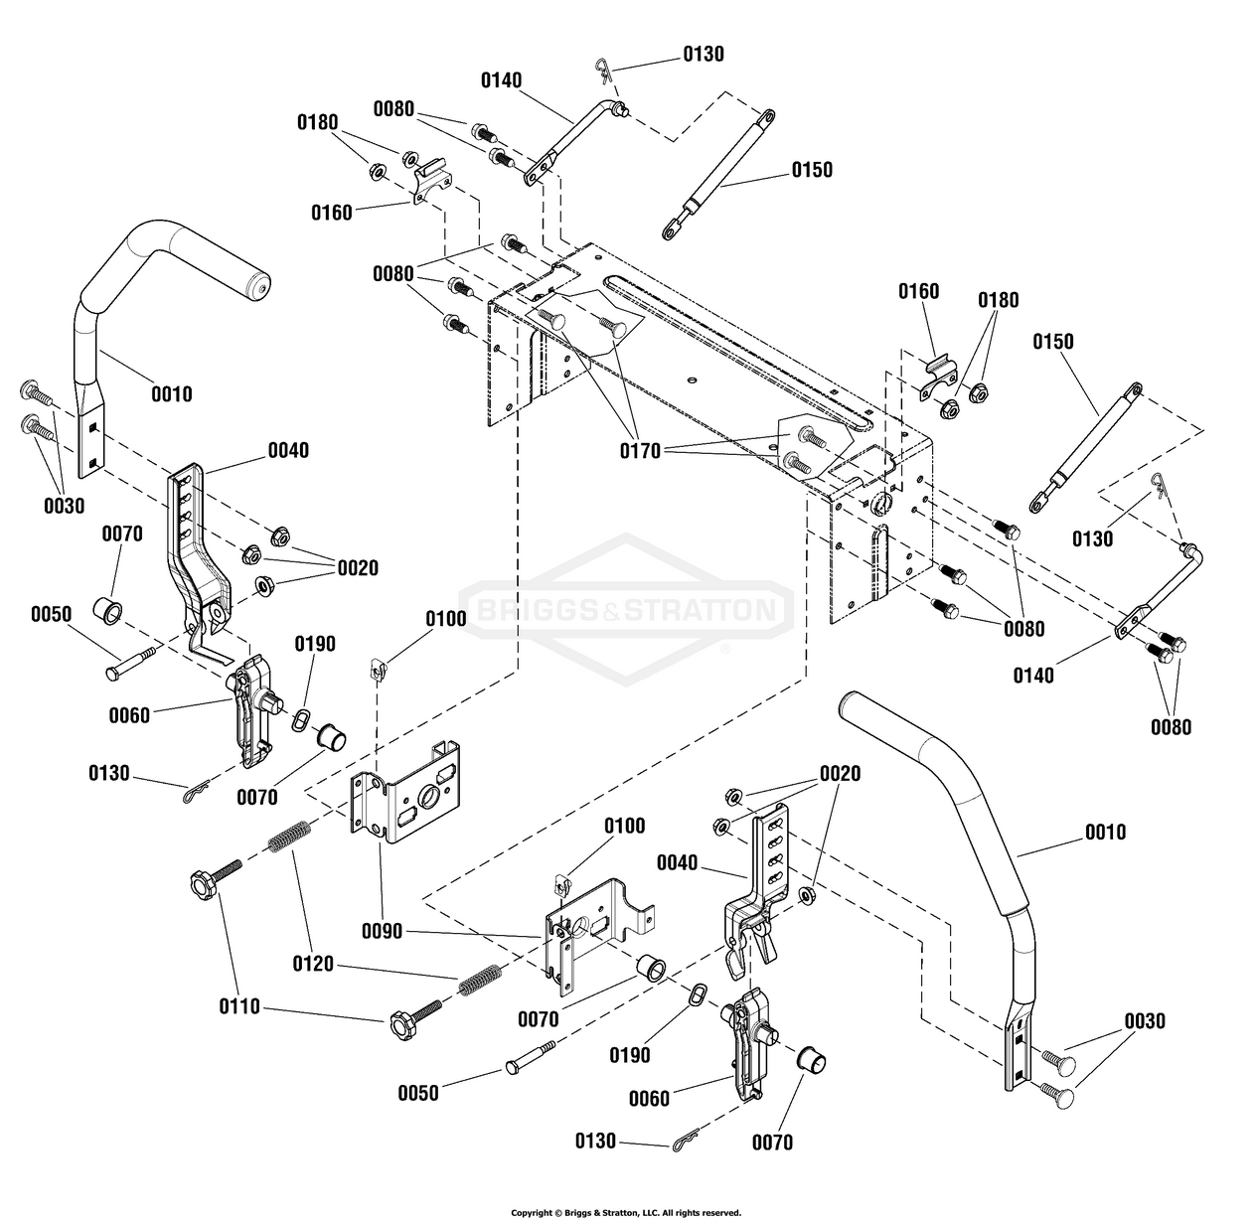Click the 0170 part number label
[640, 451]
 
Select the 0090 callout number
[382, 931]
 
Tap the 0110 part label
[239, 1006]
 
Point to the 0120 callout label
[313, 964]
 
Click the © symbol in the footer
[557, 1213]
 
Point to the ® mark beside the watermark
[726, 650]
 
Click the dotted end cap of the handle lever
[261, 286]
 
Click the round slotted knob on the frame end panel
[879, 503]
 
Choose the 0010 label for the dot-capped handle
[172, 394]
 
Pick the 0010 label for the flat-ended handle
[1106, 832]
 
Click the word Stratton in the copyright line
[620, 1213]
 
